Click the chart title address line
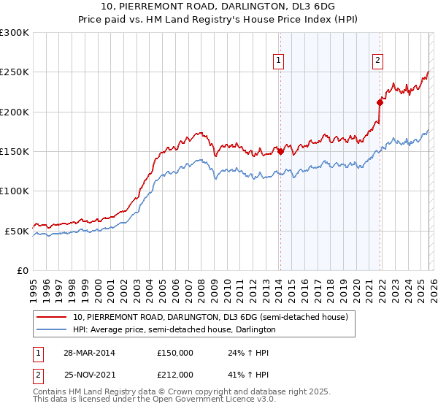click(219, 8)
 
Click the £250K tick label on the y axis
click(15, 72)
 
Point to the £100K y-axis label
click(15, 191)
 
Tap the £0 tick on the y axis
click(23, 270)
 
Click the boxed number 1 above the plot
click(280, 61)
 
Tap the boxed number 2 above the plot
click(378, 61)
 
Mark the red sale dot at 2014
click(280, 152)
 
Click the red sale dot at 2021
click(380, 103)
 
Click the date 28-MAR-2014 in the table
click(89, 353)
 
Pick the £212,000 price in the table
click(175, 375)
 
